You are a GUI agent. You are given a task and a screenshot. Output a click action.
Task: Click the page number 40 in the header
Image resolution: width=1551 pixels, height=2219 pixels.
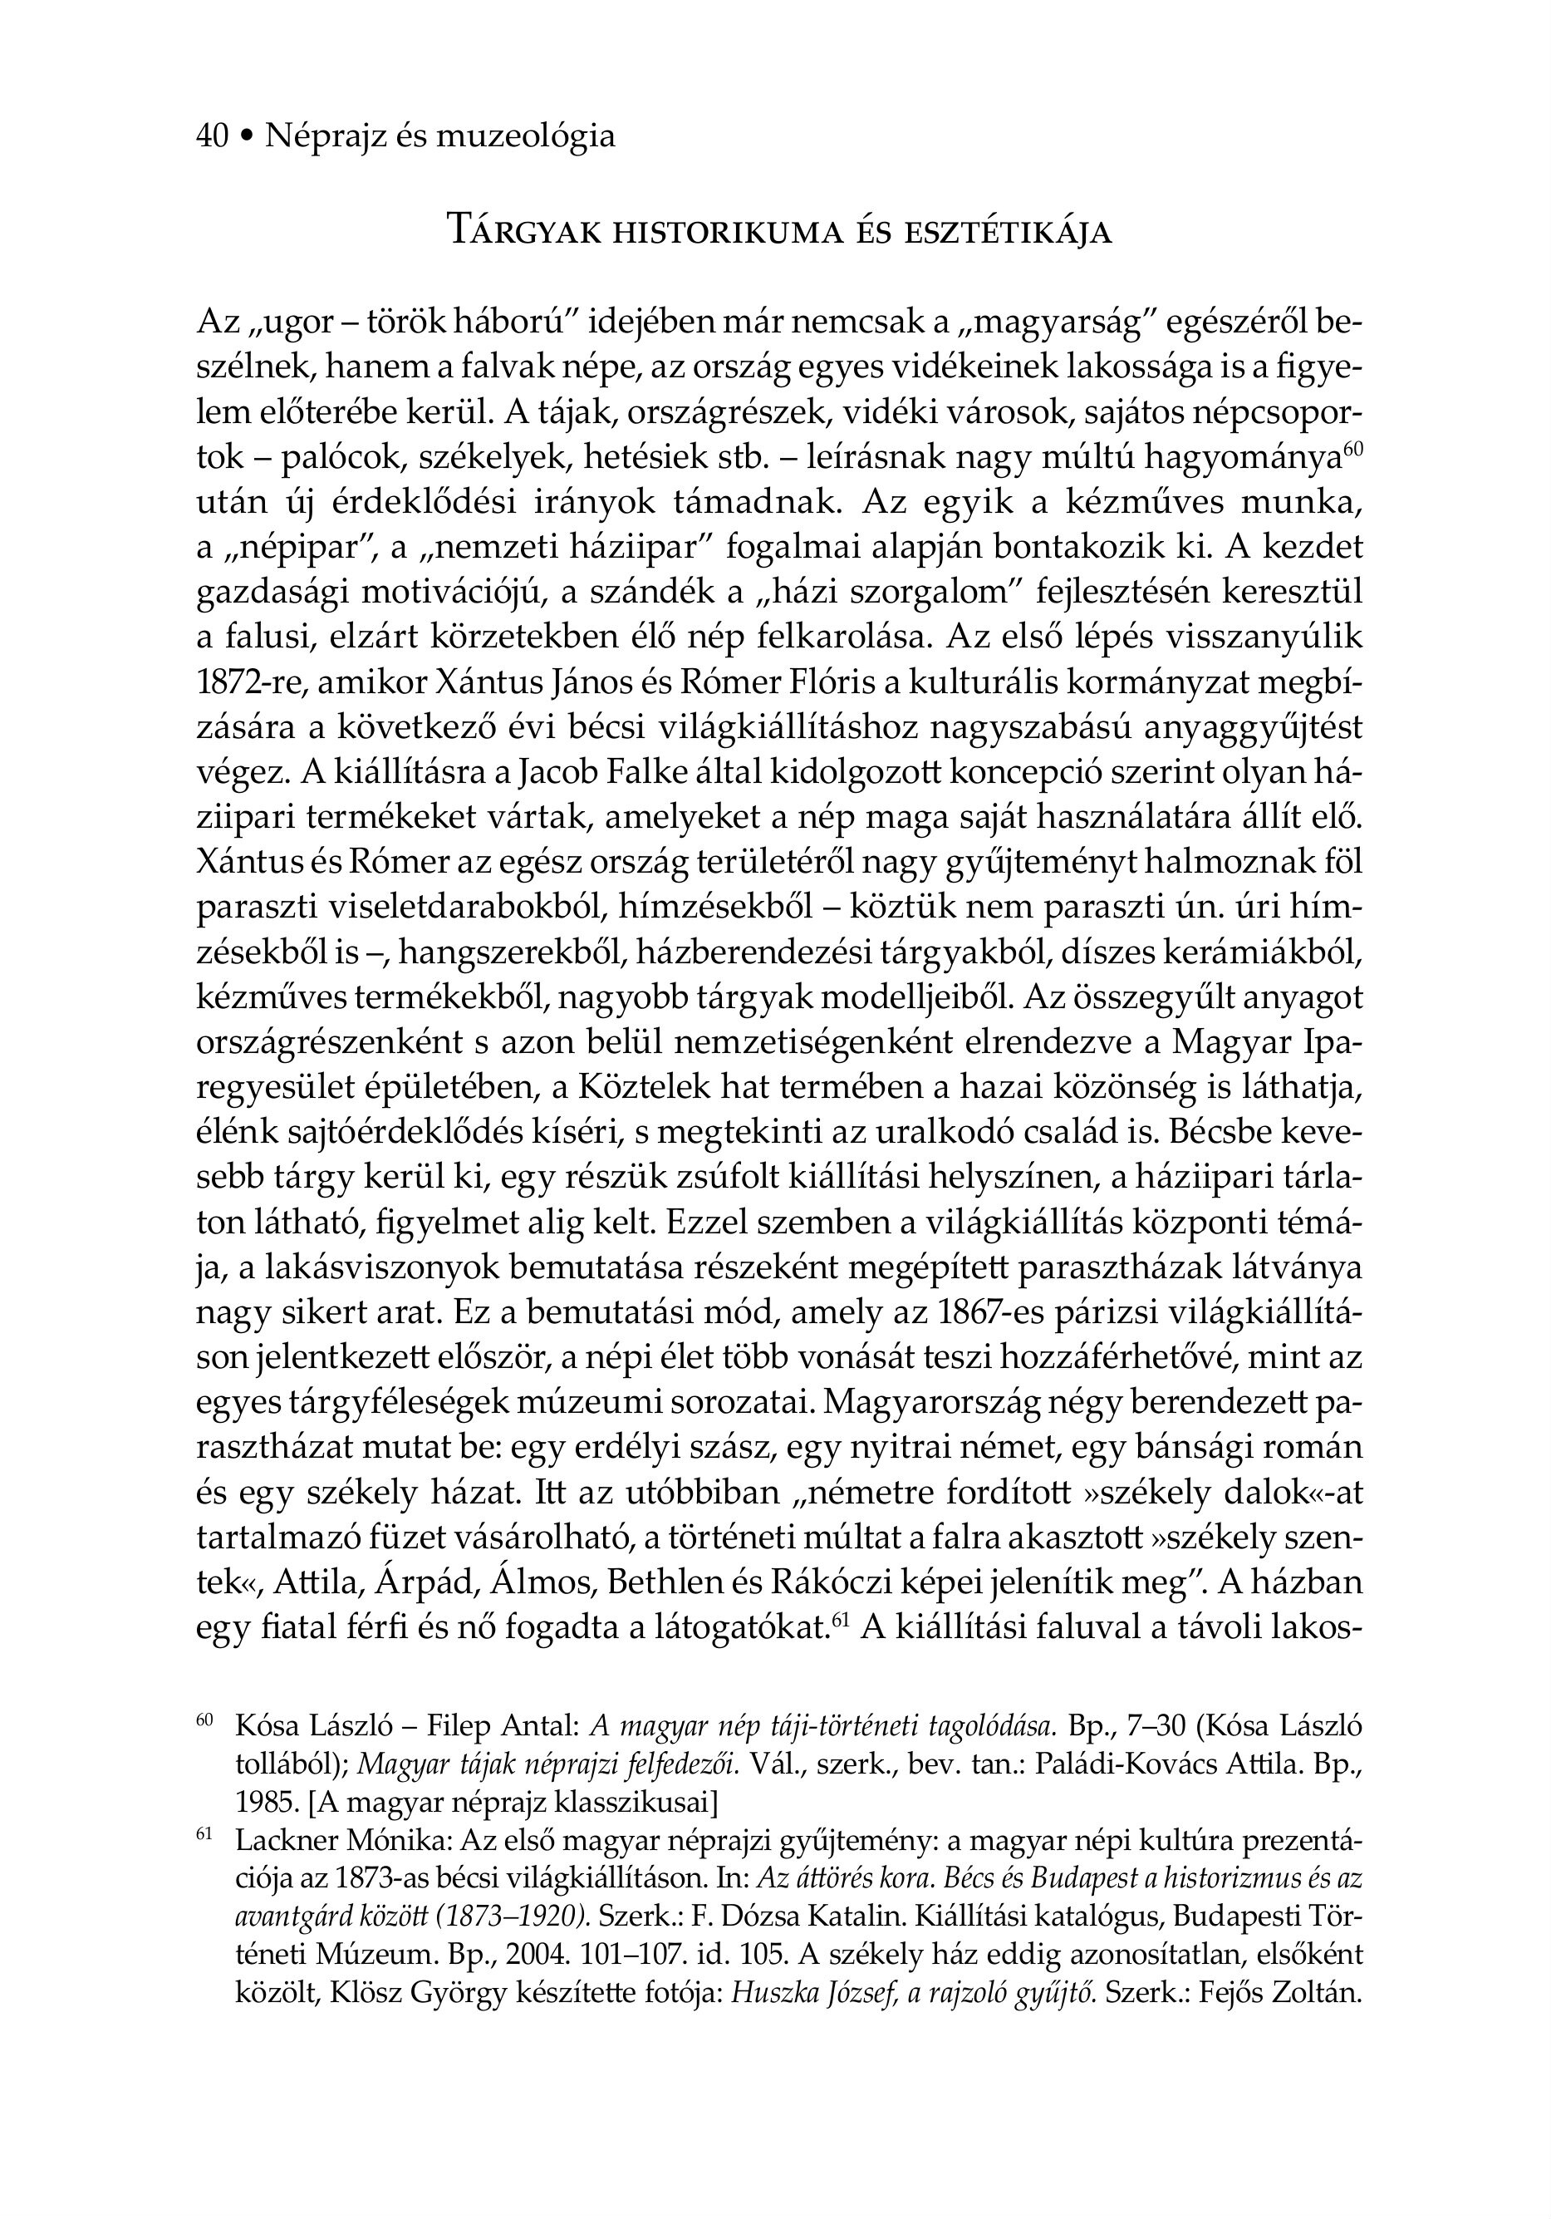pos(212,136)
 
